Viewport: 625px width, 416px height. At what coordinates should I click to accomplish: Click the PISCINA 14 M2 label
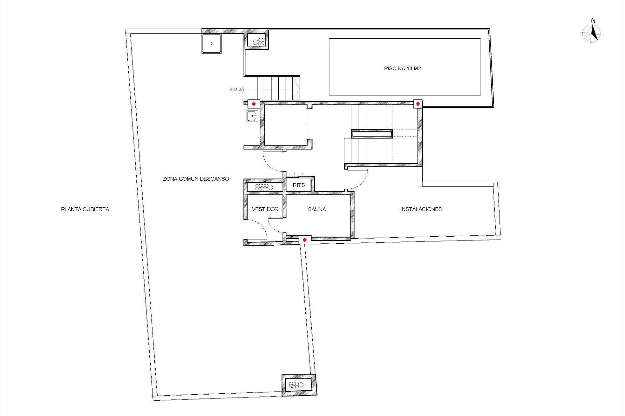point(402,69)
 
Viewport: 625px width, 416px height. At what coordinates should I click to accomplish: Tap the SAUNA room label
point(317,209)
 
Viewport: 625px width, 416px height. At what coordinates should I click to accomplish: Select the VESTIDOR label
point(265,209)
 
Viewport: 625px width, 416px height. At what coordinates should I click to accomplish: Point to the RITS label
point(299,185)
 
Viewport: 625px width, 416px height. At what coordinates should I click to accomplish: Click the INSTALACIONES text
point(421,209)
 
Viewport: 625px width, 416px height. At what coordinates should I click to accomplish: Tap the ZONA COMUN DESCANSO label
point(196,179)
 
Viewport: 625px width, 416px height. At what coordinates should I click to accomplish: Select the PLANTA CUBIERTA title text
point(85,209)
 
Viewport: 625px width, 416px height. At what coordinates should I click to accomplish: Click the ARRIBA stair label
point(236,89)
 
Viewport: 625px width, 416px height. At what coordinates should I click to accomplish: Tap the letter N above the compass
point(593,20)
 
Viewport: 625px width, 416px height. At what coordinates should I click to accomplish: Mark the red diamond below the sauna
point(304,240)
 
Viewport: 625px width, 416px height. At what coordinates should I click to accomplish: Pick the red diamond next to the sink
point(254,104)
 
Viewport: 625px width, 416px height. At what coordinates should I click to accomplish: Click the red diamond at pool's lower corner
point(418,104)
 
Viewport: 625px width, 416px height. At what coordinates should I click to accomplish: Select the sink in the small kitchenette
point(252,116)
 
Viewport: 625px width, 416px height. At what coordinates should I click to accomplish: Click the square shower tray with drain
point(211,43)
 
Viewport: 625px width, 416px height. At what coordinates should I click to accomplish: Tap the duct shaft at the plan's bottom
point(299,385)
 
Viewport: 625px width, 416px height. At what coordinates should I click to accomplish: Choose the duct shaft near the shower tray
point(257,41)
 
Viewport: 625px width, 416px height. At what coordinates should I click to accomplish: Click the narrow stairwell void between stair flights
point(372,134)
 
